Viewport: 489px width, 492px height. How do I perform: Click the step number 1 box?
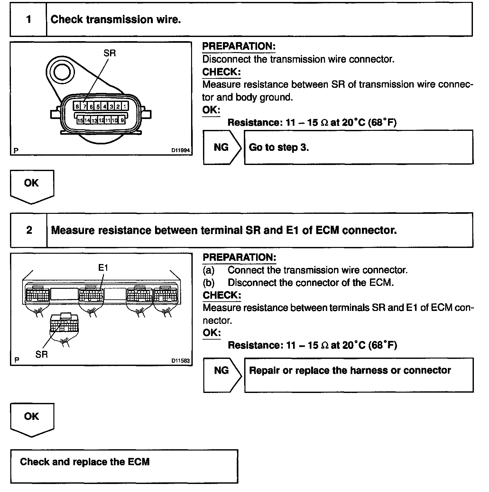(x=29, y=20)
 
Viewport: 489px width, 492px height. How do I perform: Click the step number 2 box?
(x=29, y=230)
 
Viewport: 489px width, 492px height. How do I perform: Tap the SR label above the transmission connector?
(x=109, y=53)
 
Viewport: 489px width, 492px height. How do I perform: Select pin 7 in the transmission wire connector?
(x=84, y=106)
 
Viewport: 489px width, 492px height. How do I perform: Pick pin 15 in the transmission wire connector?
(x=80, y=120)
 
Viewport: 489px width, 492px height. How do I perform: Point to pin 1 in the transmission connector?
(x=125, y=106)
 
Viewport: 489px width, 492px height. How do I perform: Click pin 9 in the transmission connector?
(x=122, y=120)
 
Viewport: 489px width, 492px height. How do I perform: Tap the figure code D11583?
(x=180, y=360)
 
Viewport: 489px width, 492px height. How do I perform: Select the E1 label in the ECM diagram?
(x=103, y=268)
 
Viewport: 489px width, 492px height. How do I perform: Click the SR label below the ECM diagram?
(x=42, y=354)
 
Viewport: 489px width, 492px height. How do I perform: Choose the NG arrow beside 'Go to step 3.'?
(x=222, y=147)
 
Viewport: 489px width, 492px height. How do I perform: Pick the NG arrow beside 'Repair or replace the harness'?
(x=222, y=370)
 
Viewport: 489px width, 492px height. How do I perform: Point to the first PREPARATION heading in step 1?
(x=239, y=46)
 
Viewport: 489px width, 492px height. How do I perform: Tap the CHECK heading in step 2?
(x=222, y=295)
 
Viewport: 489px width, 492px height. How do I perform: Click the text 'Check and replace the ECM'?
(x=85, y=462)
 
